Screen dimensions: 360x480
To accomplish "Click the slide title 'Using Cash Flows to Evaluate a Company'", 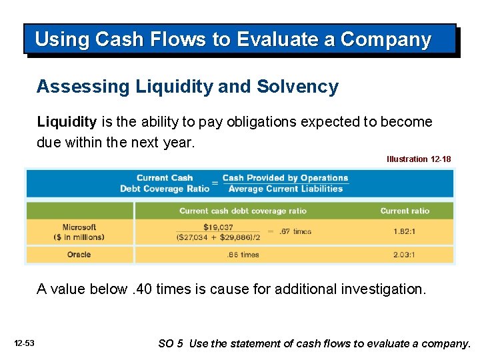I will point(233,39).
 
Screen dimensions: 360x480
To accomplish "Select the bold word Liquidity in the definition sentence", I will point(67,122).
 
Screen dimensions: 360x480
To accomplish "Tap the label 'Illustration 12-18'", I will point(419,159).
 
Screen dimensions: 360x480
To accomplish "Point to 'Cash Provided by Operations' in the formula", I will point(285,178).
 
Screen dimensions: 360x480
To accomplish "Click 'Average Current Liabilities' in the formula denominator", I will point(285,189).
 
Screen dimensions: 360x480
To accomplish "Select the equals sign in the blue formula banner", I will point(215,183).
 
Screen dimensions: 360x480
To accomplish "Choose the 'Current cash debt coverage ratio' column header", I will point(243,211).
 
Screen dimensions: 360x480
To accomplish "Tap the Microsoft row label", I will point(79,227).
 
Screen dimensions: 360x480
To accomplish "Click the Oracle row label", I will point(79,255).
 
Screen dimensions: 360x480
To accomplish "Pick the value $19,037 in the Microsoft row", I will point(218,227).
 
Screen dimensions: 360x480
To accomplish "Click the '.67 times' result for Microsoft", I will point(294,231).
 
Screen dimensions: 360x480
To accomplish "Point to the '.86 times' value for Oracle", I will point(243,255).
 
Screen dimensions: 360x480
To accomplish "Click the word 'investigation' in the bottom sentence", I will point(389,289).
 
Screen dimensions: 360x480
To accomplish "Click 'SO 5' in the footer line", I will point(171,344).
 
